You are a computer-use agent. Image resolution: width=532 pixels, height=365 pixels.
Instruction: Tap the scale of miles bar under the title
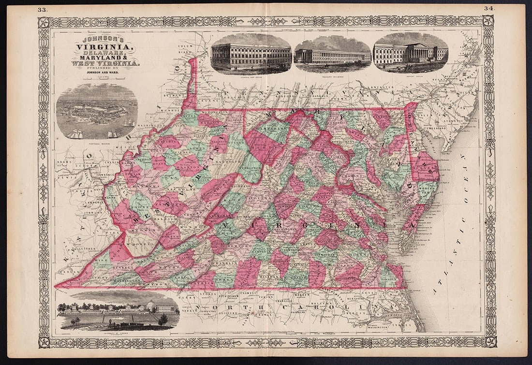[x=104, y=79]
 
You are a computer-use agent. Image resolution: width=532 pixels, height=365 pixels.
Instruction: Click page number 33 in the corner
[x=42, y=9]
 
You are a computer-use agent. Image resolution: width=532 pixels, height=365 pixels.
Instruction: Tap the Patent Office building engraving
[x=411, y=53]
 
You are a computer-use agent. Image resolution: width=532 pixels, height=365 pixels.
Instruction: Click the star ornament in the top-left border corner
[x=44, y=22]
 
